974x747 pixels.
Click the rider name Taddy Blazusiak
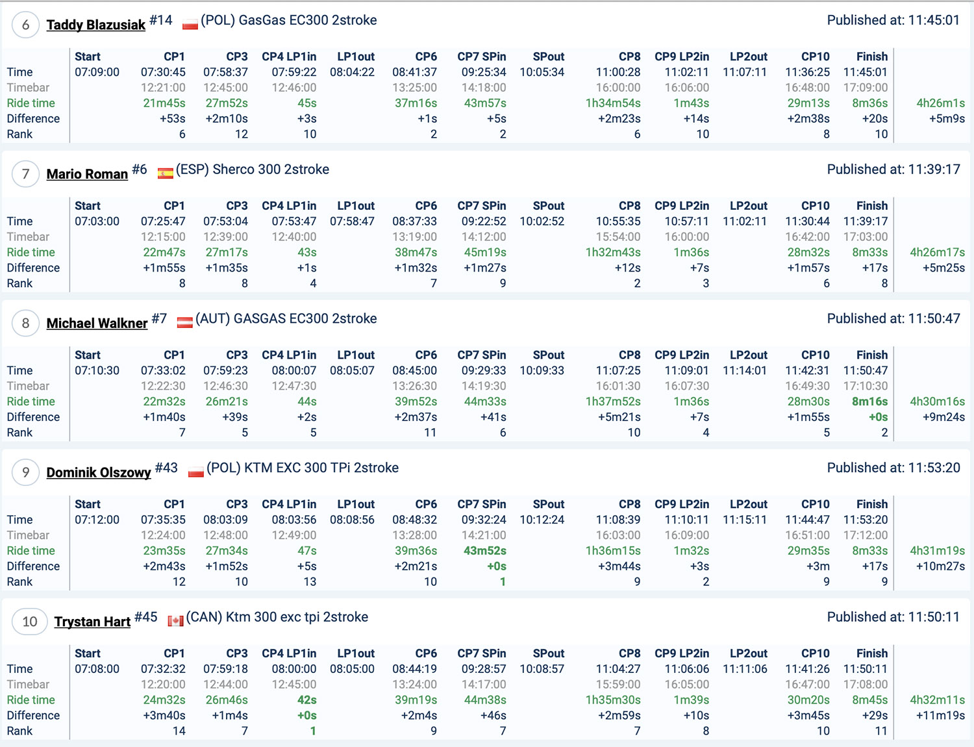[x=95, y=25]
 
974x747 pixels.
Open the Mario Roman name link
[x=87, y=174]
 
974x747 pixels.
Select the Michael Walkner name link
[x=97, y=323]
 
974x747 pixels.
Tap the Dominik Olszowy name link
[x=98, y=472]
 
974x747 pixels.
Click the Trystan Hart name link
[x=92, y=622]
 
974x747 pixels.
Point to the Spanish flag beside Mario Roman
[x=166, y=173]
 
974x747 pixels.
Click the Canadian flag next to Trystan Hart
[x=175, y=621]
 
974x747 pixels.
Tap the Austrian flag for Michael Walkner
[x=185, y=322]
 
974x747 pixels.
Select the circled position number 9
[x=26, y=472]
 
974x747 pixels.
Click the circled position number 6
[x=26, y=25]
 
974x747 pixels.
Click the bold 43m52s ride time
[x=484, y=551]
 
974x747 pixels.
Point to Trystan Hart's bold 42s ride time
[x=306, y=700]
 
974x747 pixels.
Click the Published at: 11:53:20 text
[x=893, y=468]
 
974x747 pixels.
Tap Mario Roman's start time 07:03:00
[x=97, y=222]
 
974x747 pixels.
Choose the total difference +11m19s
[x=940, y=716]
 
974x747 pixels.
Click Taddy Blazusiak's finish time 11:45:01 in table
[x=865, y=72]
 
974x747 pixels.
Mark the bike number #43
[x=166, y=468]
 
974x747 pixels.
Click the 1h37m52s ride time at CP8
[x=612, y=401]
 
